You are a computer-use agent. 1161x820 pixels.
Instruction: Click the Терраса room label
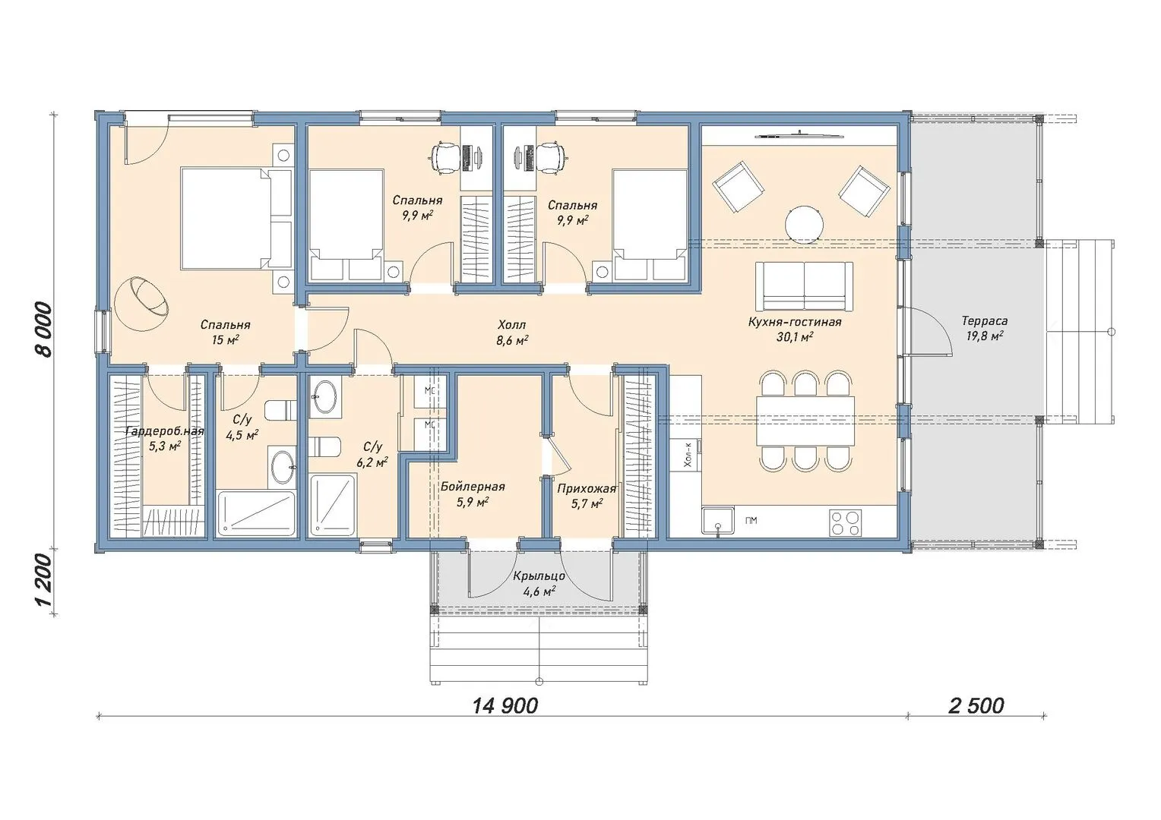(984, 321)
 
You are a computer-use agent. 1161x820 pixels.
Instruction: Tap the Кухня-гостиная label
(795, 322)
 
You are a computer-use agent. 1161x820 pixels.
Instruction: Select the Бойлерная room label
(473, 487)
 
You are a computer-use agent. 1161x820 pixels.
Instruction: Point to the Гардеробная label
(165, 431)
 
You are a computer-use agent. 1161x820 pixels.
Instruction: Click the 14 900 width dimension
(505, 705)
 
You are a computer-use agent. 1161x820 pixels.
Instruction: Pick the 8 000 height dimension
(44, 330)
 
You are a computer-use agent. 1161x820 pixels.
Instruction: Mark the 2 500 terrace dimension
(976, 705)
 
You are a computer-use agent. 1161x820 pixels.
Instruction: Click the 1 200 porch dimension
(44, 581)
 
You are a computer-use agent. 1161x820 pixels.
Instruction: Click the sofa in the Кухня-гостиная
(804, 285)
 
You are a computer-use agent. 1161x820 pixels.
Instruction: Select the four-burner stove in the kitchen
(846, 522)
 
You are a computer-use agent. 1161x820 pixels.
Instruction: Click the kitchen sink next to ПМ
(718, 520)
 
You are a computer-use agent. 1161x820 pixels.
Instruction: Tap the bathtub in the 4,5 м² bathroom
(256, 512)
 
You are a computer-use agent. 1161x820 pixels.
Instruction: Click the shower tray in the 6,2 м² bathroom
(333, 506)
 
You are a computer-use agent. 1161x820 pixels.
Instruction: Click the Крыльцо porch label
(539, 576)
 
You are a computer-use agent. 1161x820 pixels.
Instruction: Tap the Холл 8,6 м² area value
(512, 340)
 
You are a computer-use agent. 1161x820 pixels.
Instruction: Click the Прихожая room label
(587, 488)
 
